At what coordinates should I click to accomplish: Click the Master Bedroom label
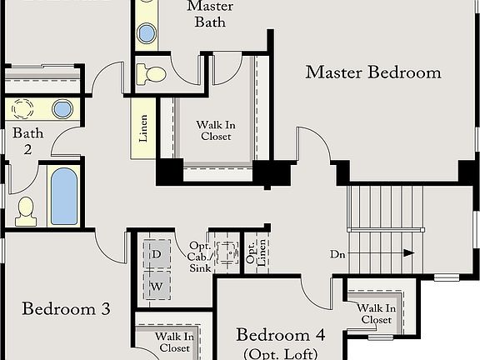(x=372, y=72)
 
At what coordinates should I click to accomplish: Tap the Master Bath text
(x=210, y=14)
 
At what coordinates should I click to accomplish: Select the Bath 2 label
(x=22, y=141)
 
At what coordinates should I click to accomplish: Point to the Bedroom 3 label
(x=66, y=309)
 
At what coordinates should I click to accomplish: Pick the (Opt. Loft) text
(x=280, y=353)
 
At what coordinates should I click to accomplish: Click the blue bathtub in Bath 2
(x=64, y=197)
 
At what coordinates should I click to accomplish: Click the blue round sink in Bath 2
(x=62, y=108)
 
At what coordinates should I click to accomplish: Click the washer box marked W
(x=156, y=287)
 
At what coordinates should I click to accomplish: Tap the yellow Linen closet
(x=143, y=129)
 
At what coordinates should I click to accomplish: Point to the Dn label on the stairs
(x=337, y=253)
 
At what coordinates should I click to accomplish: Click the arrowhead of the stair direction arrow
(x=408, y=252)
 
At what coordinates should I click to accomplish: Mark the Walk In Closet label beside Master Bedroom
(x=215, y=131)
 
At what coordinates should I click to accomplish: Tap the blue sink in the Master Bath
(x=147, y=33)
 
